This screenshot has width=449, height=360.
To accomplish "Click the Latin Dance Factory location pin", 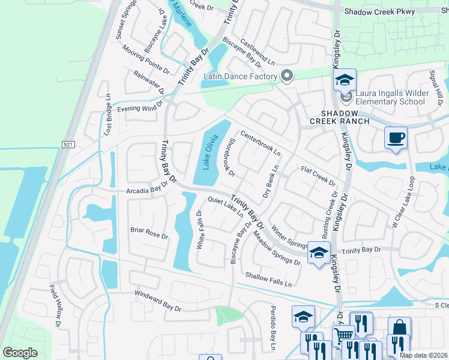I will (287, 76).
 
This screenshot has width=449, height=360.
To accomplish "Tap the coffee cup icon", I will (396, 139).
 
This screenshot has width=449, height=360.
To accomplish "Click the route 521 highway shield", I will (68, 145).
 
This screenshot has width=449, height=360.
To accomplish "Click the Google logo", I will (20, 353).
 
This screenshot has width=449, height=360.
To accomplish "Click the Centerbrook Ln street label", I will (261, 144).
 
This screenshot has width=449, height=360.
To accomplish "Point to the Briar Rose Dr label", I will (149, 233).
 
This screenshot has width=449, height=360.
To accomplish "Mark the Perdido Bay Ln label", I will (271, 334).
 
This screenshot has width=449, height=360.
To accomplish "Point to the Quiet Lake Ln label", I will (225, 207).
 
